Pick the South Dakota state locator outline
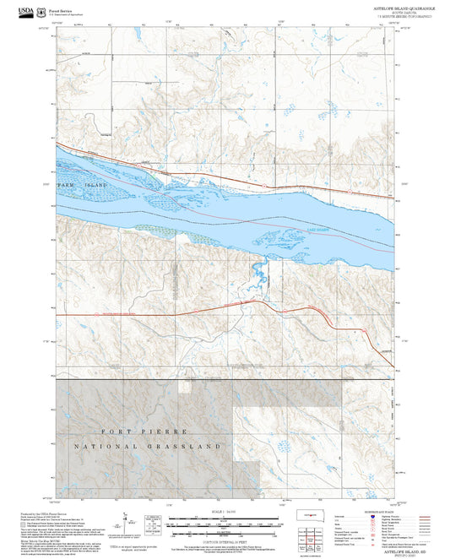(x=312, y=513)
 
